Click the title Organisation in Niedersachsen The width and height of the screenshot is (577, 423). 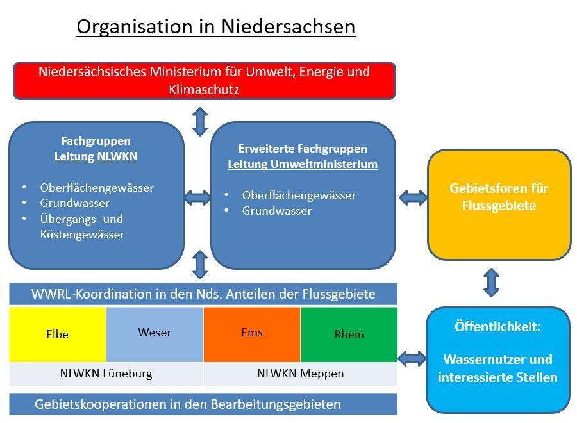(x=215, y=27)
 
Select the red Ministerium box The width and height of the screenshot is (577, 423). (x=205, y=81)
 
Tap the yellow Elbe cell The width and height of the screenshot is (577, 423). (x=58, y=335)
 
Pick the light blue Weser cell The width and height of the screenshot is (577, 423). (x=155, y=335)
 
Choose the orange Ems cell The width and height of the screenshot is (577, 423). (x=252, y=335)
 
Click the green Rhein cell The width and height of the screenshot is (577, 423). (x=349, y=335)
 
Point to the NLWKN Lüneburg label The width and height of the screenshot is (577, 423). (x=106, y=374)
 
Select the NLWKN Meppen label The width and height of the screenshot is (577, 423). (x=300, y=374)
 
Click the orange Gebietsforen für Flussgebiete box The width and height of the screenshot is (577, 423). (x=499, y=204)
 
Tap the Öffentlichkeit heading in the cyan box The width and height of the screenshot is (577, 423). (x=498, y=326)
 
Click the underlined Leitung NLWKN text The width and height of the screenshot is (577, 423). (x=96, y=156)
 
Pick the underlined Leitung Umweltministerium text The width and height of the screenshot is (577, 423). (x=303, y=164)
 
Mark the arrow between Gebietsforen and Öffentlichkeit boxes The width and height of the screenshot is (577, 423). (x=492, y=283)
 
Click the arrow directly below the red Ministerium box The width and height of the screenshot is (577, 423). (x=200, y=121)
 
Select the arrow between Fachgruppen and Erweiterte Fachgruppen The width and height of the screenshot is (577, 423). (x=197, y=198)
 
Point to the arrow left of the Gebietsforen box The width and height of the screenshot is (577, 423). (x=413, y=198)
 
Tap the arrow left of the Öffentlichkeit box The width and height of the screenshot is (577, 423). (x=412, y=358)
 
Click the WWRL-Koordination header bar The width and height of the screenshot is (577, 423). (x=203, y=294)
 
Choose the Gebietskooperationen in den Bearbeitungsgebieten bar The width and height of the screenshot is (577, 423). (x=203, y=404)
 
